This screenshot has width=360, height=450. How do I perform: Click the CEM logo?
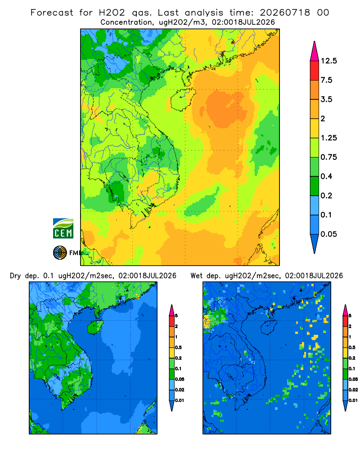63,229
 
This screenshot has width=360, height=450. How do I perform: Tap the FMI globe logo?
60,252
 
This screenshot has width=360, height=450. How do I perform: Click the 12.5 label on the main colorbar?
329,61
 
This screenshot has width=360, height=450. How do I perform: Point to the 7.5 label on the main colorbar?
327,80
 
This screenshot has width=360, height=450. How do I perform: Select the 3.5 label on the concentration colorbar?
327,99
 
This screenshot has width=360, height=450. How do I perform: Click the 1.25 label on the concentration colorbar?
329,138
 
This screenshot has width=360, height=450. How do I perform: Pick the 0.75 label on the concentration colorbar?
329,157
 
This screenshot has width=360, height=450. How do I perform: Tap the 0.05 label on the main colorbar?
329,234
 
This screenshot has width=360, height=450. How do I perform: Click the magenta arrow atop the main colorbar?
315,52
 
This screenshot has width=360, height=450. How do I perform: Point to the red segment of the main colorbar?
315,71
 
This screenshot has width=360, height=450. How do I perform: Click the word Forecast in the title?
52,13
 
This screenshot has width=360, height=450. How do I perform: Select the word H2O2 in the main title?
112,13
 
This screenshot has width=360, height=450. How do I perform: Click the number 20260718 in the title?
285,13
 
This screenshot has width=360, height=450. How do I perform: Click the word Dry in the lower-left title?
15,276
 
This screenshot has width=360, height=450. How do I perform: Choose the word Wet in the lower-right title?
197,276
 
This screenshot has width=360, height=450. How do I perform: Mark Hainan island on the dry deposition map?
95,327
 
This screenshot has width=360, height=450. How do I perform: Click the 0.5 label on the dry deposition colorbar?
178,347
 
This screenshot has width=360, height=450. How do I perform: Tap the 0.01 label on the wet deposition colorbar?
353,400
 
